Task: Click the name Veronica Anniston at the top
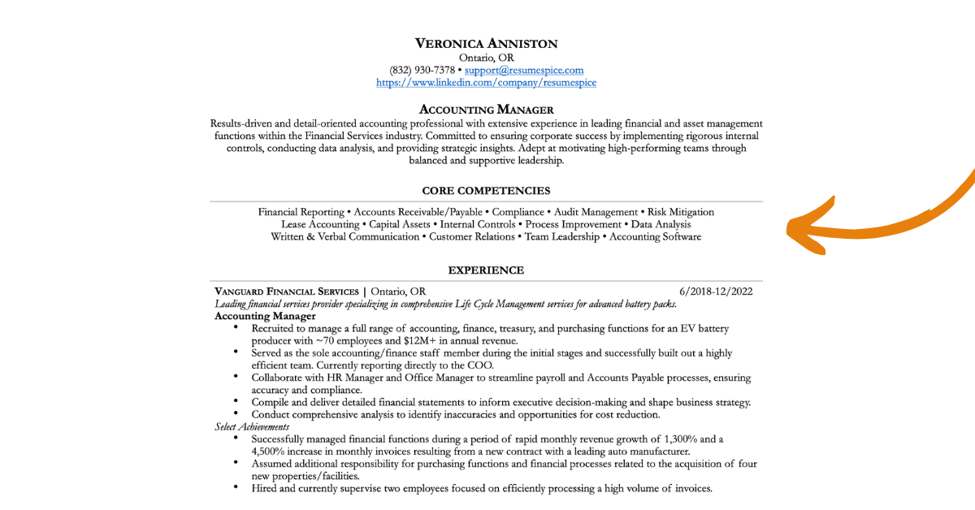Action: point(486,43)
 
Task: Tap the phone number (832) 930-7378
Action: point(422,71)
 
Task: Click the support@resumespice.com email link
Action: point(524,71)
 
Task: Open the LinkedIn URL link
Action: point(486,83)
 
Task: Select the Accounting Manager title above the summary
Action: point(486,110)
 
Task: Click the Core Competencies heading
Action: point(486,191)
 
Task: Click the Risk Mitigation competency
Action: point(681,212)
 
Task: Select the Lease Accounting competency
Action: point(320,224)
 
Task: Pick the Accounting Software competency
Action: point(655,237)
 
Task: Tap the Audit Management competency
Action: point(596,212)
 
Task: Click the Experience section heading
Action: point(486,270)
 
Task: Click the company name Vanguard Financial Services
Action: point(287,292)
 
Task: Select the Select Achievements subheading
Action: point(252,426)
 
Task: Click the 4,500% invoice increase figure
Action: point(271,452)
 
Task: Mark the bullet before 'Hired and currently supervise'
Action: point(236,488)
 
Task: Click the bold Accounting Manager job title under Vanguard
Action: point(265,316)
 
